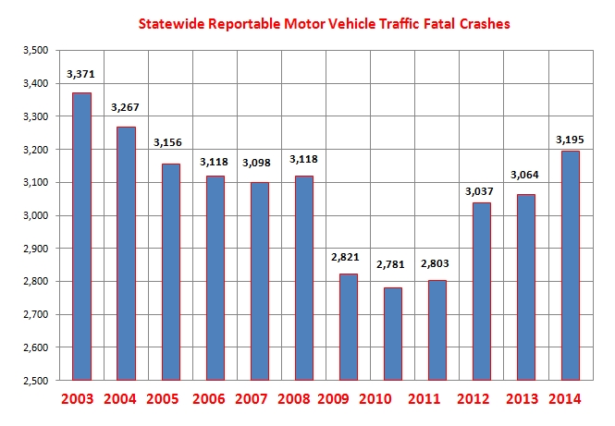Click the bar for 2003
pos(81,237)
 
